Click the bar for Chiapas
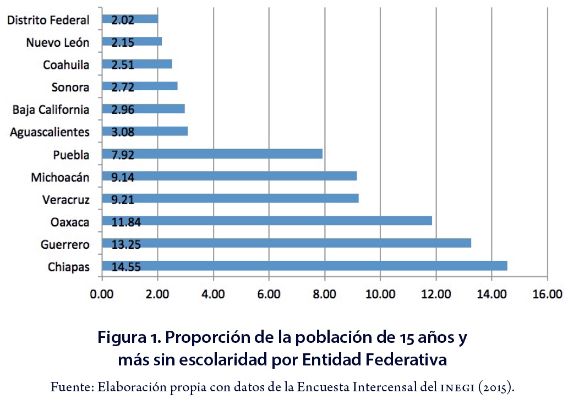304,266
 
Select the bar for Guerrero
286,244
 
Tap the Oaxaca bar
267,221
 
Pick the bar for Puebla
212,154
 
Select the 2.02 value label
123,19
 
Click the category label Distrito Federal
48,20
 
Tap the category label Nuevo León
57,42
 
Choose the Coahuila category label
66,65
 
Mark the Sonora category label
70,87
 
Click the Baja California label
51,110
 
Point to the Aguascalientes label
50,132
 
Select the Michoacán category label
60,177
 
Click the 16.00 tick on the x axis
547,294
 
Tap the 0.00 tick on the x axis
102,294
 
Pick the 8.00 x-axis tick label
324,294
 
